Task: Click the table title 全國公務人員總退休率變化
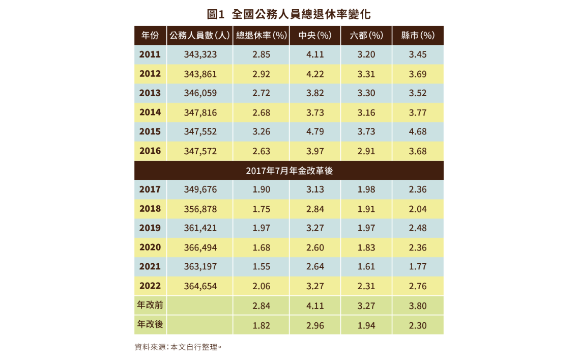pyautogui.click(x=292, y=14)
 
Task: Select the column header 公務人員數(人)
pyautogui.click(x=199, y=36)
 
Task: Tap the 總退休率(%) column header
pyautogui.click(x=262, y=36)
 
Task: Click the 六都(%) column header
pyautogui.click(x=366, y=36)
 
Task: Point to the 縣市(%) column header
pyautogui.click(x=418, y=36)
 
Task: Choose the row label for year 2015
pyautogui.click(x=150, y=131)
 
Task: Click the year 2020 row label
pyautogui.click(x=150, y=247)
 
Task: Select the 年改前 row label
pyautogui.click(x=150, y=306)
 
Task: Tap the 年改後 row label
pyautogui.click(x=150, y=324)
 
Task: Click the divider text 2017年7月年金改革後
pyautogui.click(x=289, y=171)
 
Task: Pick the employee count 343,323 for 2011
pyautogui.click(x=200, y=54)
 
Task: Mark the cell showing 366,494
pyautogui.click(x=200, y=247)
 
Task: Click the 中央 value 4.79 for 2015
pyautogui.click(x=315, y=131)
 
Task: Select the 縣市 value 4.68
pyautogui.click(x=418, y=131)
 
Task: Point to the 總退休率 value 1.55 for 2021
pyautogui.click(x=261, y=266)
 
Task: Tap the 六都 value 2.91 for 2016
pyautogui.click(x=366, y=151)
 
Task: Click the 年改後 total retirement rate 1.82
pyautogui.click(x=261, y=325)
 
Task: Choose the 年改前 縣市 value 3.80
pyautogui.click(x=418, y=306)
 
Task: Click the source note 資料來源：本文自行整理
pyautogui.click(x=178, y=347)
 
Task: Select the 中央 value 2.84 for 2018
pyautogui.click(x=315, y=209)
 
